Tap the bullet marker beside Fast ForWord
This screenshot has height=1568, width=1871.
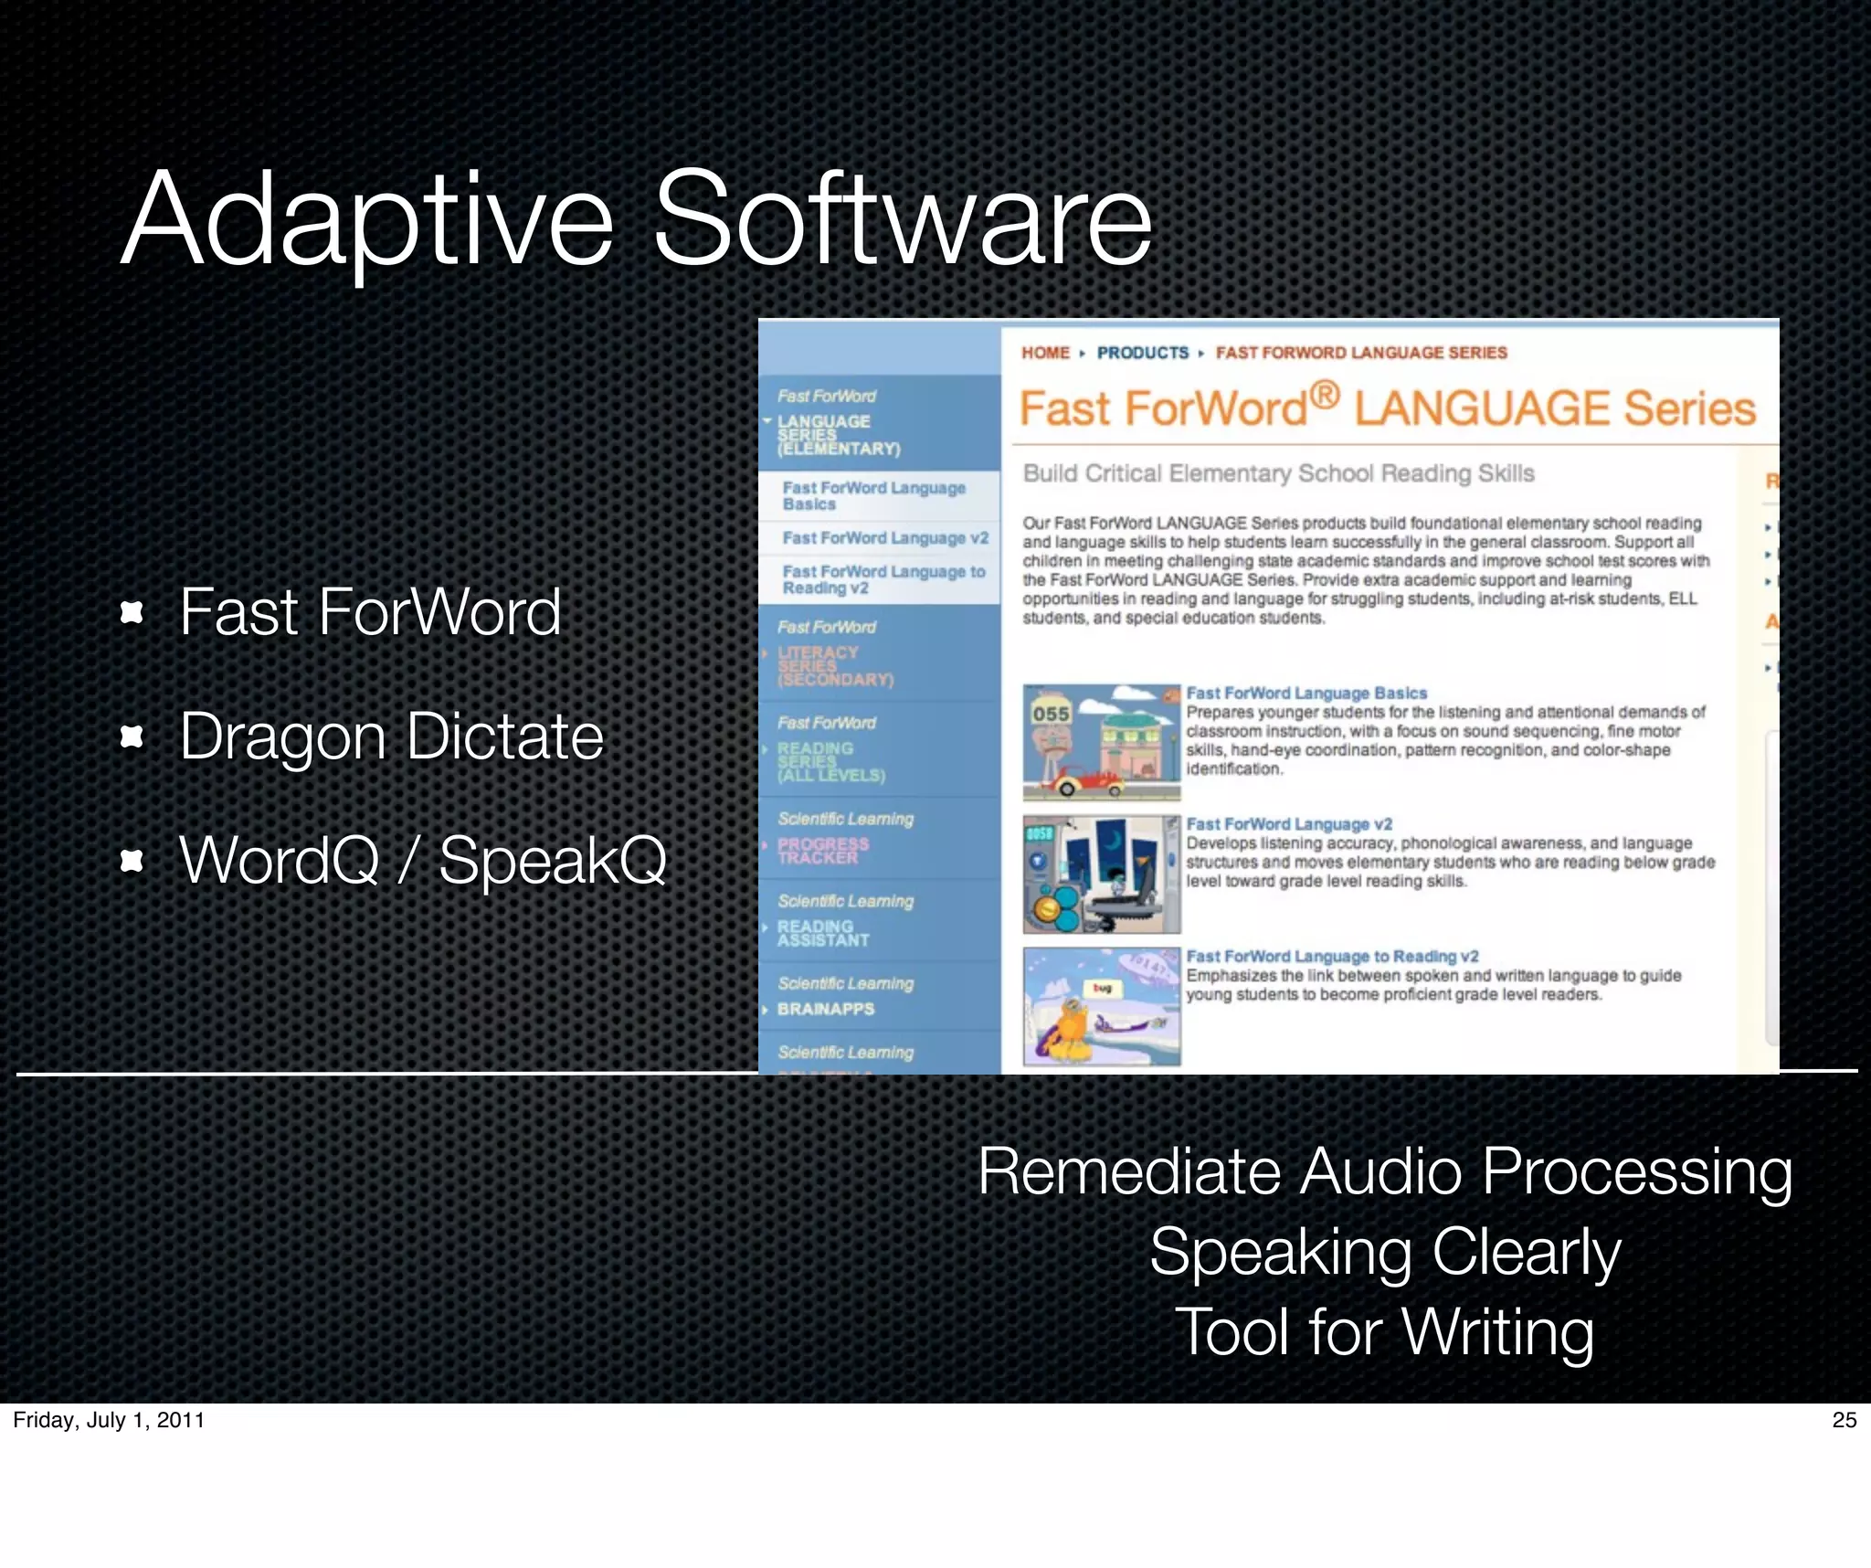click(132, 611)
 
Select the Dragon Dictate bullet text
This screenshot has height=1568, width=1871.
click(391, 736)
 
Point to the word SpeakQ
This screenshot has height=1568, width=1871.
click(553, 860)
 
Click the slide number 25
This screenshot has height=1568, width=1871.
click(1844, 1419)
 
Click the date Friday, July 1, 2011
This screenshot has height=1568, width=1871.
click(109, 1419)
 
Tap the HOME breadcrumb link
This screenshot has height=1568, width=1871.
click(1045, 353)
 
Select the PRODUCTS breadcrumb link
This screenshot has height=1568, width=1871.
click(1142, 353)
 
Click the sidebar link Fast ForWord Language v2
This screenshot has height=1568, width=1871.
click(884, 538)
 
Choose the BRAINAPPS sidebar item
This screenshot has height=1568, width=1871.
click(825, 1009)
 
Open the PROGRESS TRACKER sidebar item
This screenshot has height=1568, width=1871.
click(821, 851)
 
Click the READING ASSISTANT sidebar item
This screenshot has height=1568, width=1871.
click(821, 933)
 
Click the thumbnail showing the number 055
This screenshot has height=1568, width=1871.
click(1101, 742)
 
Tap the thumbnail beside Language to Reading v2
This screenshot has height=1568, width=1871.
click(1101, 1006)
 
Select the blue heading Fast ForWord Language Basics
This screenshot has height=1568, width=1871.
click(1305, 694)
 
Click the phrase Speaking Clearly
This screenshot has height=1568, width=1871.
click(1384, 1251)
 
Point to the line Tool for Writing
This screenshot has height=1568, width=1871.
click(1384, 1331)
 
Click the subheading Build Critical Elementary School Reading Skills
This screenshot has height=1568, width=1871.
click(1278, 473)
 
